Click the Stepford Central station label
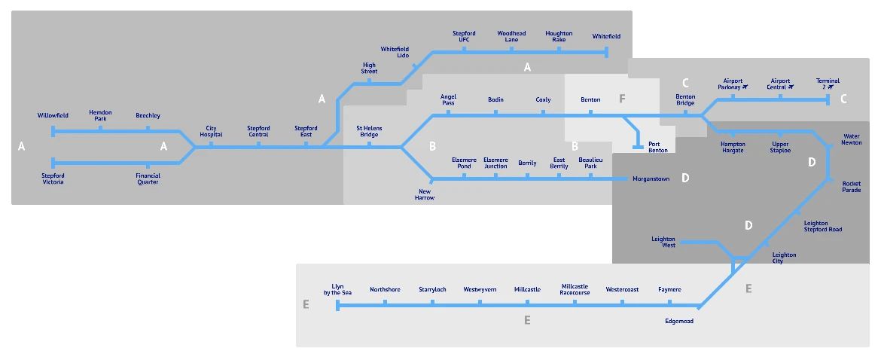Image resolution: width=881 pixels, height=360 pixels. [258, 131]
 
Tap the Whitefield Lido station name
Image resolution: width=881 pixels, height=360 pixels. [395, 52]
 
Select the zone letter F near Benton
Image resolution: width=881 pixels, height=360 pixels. [622, 99]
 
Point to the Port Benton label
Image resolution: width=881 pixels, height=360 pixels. [658, 146]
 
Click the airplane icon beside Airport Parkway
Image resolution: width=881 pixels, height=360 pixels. [745, 87]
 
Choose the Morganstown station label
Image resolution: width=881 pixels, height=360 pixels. [651, 178]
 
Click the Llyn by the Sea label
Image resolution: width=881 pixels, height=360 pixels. [337, 289]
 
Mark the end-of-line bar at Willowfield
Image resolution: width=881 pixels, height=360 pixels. [53, 131]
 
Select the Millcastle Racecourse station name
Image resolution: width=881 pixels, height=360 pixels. [575, 289]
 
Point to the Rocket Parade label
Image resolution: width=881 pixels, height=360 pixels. [851, 187]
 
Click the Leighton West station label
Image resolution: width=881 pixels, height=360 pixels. [663, 242]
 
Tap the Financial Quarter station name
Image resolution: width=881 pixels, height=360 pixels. [148, 178]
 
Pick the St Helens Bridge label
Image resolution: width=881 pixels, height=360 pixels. [369, 131]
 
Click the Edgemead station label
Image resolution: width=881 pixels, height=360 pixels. [678, 321]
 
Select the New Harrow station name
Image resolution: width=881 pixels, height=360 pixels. [425, 194]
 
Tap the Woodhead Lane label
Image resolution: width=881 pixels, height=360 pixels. [511, 36]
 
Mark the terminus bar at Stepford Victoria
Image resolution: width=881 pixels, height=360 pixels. [53, 163]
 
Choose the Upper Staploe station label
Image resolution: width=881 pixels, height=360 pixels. [781, 146]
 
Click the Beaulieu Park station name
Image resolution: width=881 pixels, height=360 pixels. [590, 163]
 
